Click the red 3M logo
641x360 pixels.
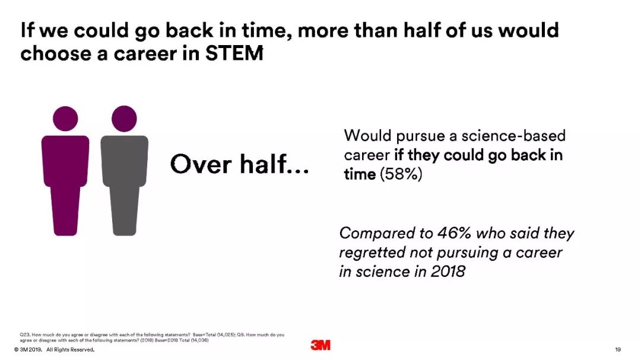[x=320, y=345]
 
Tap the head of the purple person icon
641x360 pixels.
[x=65, y=119]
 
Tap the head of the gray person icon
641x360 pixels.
[x=124, y=119]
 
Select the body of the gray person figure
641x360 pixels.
[x=124, y=186]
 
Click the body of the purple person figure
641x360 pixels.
[x=65, y=186]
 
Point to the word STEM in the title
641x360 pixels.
[x=234, y=53]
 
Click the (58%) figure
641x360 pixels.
[x=401, y=174]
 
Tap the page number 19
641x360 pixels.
[x=618, y=349]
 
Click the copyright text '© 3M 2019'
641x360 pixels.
[x=28, y=350]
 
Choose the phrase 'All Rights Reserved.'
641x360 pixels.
[x=70, y=350]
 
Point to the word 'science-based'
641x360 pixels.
[x=513, y=136]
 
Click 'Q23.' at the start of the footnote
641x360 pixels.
[x=25, y=334]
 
